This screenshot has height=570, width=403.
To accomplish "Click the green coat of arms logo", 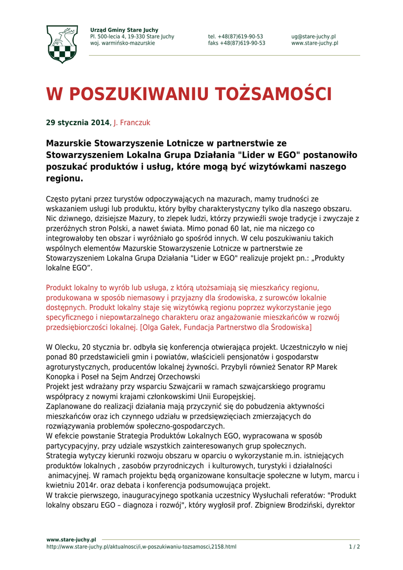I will pos(62,44).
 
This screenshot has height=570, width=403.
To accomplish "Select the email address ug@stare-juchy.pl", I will pos(313,37).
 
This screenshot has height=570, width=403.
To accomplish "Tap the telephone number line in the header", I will pos(236,37).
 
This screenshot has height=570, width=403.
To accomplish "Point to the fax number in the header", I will pos(237,43).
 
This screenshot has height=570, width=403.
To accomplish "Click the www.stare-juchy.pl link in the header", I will pos(315,43).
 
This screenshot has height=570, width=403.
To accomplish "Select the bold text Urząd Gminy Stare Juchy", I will pos(124,30).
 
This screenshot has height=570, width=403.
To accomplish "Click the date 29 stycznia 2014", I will pos(78,122).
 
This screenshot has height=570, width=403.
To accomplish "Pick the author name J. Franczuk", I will pos(132,122).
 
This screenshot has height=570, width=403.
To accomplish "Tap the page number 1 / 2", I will pos(354,547).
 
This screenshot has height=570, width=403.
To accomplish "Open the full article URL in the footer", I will pos(141,547).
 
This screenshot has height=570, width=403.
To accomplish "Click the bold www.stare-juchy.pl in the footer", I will pos(71,540).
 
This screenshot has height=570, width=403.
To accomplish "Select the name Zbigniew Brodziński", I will pos(298,505).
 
